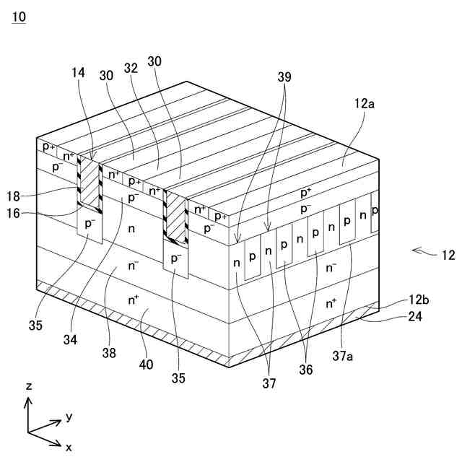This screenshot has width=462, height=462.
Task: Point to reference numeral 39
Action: [x=285, y=74]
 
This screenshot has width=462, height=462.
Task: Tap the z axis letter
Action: [x=29, y=387]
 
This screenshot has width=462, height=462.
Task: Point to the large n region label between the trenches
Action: [x=131, y=229]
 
